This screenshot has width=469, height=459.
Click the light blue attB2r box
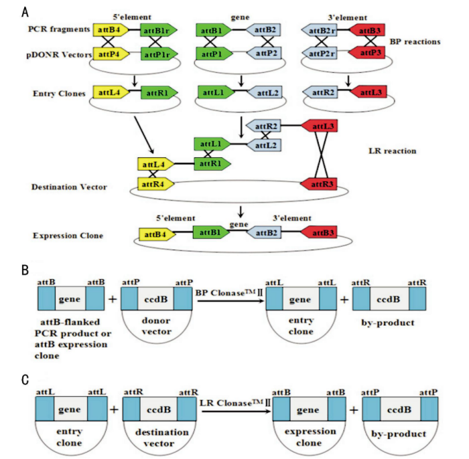320,30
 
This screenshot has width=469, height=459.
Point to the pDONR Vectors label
60,54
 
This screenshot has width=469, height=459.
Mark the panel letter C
25,379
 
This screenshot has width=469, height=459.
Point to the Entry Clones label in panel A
58,93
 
